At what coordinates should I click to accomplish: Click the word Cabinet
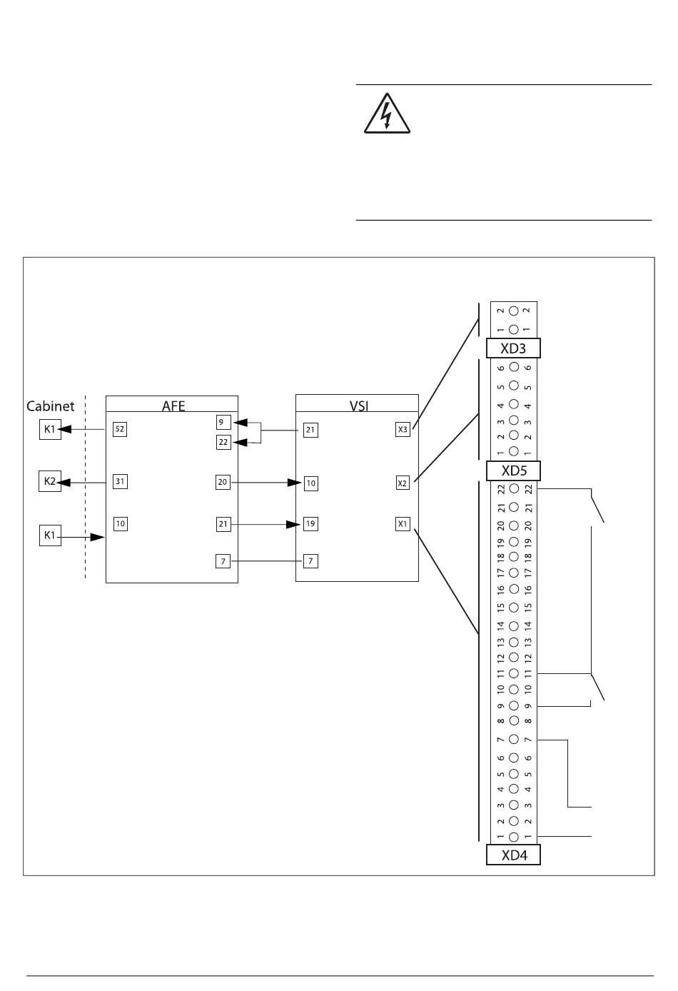50,406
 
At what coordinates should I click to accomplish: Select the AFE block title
173,406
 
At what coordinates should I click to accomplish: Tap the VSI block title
358,406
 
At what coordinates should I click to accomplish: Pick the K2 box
49,481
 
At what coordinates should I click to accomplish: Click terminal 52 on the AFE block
120,429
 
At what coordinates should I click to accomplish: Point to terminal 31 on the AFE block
120,481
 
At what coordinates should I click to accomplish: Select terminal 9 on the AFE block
223,422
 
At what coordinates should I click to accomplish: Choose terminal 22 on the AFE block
223,443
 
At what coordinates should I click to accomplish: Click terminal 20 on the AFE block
223,483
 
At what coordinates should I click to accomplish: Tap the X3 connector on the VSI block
403,430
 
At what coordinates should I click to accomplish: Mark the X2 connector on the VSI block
403,483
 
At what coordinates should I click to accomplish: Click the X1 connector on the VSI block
403,524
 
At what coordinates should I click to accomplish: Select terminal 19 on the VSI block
310,523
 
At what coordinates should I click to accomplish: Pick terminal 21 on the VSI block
310,430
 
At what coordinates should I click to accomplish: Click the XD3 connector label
513,348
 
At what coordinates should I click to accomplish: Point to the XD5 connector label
513,471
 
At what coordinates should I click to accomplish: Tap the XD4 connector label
513,855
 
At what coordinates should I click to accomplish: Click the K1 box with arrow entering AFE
49,535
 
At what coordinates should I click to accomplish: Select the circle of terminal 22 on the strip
514,490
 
